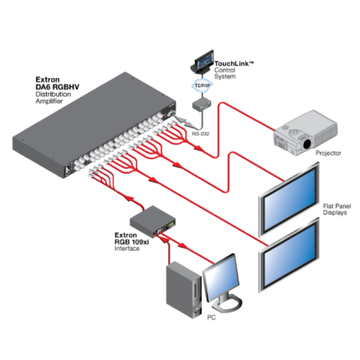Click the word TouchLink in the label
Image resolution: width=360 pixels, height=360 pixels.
(x=233, y=64)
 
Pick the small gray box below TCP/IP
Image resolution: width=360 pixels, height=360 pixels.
(x=199, y=106)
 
